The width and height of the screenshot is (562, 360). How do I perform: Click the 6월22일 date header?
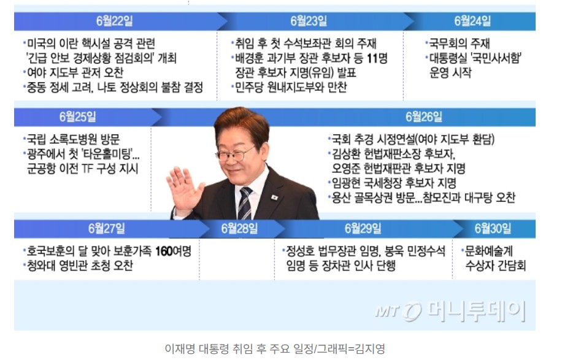pyautogui.click(x=115, y=21)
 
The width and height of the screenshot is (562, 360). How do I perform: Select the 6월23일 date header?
pyautogui.click(x=309, y=21)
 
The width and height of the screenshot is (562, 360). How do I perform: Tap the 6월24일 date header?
pyautogui.click(x=472, y=21)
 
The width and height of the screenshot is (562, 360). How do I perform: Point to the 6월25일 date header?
pyautogui.click(x=78, y=117)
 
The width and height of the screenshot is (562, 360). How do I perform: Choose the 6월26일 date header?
pyautogui.click(x=424, y=117)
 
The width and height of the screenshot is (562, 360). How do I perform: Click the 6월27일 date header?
pyautogui.click(x=107, y=229)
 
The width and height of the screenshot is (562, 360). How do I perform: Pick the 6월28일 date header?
pyautogui.click(x=239, y=229)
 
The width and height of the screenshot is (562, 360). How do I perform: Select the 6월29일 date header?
pyautogui.click(x=363, y=229)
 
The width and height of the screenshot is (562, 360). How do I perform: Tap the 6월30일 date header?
pyautogui.click(x=493, y=229)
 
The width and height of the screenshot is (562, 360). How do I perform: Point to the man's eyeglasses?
pyautogui.click(x=236, y=152)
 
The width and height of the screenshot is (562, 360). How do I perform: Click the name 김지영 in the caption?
pyautogui.click(x=372, y=348)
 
